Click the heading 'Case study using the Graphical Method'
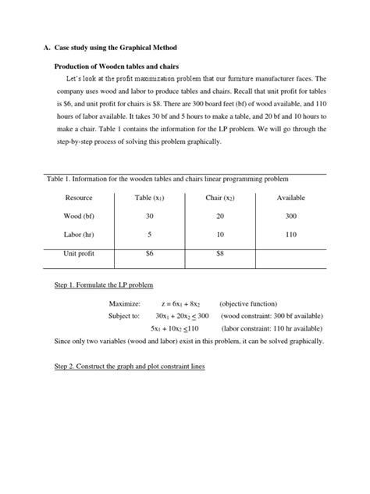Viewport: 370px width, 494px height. click(118, 48)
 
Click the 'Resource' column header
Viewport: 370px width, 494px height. click(79, 198)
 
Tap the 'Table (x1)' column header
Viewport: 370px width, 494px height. click(149, 198)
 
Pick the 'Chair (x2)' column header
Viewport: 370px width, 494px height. click(219, 198)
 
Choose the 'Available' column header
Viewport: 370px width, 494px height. click(290, 198)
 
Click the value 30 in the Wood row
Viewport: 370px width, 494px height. click(149, 216)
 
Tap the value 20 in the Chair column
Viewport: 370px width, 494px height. click(219, 216)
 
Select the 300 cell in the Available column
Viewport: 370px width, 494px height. click(290, 216)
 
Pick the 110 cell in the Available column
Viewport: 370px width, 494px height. click(290, 234)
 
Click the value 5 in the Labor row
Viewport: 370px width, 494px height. click(149, 234)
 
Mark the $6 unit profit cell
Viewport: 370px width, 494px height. click(149, 253)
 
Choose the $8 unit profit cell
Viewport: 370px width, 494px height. click(219, 253)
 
